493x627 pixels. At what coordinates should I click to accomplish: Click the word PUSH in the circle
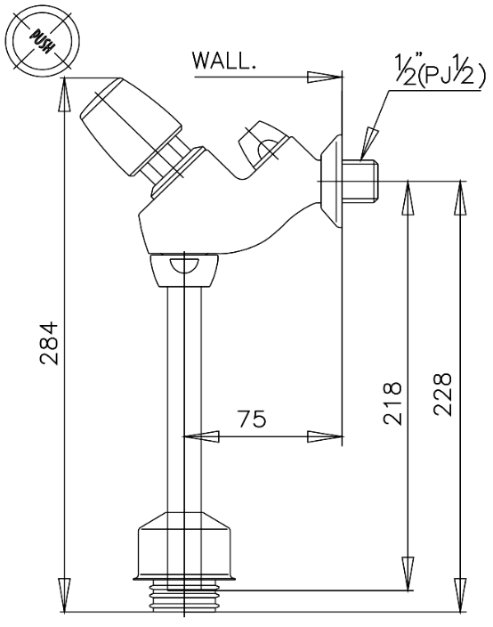42,41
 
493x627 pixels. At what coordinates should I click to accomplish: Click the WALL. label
224,61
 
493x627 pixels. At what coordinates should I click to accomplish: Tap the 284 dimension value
50,343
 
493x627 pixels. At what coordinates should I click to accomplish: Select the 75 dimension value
252,419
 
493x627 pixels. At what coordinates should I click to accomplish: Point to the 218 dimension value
392,403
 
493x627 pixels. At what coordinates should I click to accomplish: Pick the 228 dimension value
442,395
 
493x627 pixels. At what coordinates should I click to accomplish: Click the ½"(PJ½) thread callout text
440,70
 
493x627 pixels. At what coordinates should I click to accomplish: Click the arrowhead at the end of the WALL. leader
325,77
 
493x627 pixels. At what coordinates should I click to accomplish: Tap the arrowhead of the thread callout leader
368,143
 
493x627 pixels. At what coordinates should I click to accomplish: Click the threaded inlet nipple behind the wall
360,180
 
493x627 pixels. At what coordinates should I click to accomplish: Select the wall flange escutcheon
331,181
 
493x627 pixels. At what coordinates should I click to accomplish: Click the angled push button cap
130,126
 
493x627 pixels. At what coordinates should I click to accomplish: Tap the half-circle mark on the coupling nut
184,265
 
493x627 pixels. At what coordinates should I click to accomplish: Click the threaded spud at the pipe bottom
185,596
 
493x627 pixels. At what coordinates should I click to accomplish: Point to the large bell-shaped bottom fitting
184,545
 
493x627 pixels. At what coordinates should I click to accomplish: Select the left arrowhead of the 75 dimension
201,436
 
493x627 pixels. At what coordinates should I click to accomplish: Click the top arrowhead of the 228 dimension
461,198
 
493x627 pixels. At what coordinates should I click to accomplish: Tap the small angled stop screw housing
263,142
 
